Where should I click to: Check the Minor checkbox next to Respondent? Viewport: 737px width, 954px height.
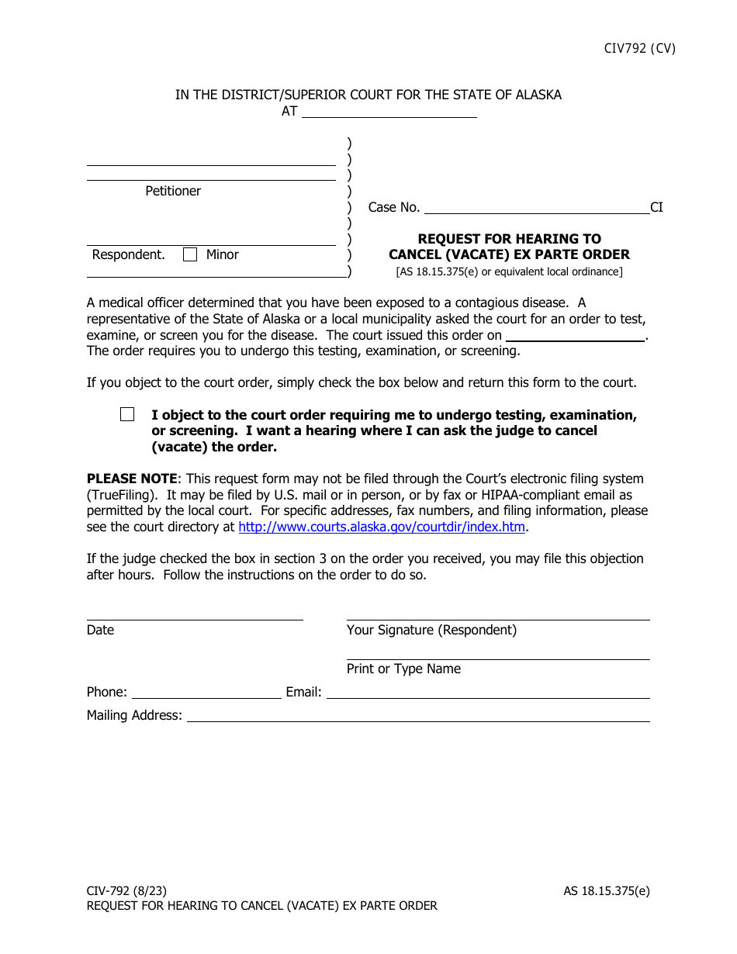pyautogui.click(x=190, y=254)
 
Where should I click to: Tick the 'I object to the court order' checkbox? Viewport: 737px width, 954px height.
pyautogui.click(x=127, y=414)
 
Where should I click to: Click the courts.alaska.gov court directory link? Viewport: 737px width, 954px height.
pyautogui.click(x=382, y=527)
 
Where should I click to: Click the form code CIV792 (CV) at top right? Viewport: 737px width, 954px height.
pyautogui.click(x=639, y=48)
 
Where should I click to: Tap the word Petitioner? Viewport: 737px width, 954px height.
pyautogui.click(x=173, y=191)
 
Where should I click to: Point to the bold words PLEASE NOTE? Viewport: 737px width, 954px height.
pyautogui.click(x=132, y=479)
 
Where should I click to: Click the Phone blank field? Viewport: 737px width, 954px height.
pyautogui.click(x=206, y=692)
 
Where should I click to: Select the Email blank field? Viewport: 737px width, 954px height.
pyautogui.click(x=488, y=692)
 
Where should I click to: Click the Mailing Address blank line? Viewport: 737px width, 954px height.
pyautogui.click(x=418, y=715)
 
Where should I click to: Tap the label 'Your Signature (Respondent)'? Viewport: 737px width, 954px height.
pyautogui.click(x=431, y=630)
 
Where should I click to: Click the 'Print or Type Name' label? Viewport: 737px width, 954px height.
pyautogui.click(x=403, y=669)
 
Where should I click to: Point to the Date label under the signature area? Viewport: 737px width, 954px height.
pyautogui.click(x=100, y=630)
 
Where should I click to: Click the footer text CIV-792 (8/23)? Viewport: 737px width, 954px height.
pyautogui.click(x=126, y=890)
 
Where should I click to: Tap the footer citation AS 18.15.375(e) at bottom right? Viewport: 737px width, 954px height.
pyautogui.click(x=607, y=890)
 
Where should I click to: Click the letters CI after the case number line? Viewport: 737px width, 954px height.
pyautogui.click(x=656, y=207)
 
